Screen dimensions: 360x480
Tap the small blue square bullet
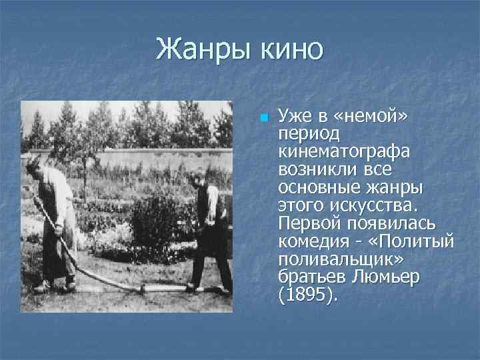263,119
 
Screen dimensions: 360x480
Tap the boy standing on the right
212,230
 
